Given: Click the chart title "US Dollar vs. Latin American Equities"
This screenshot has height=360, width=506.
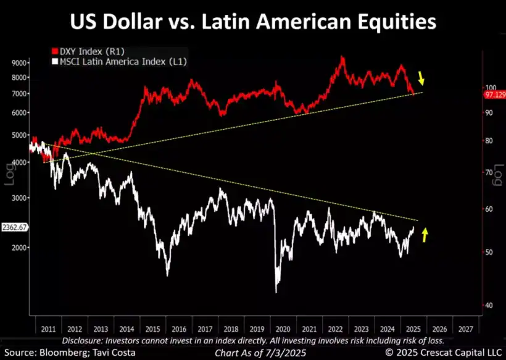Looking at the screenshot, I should [252, 23].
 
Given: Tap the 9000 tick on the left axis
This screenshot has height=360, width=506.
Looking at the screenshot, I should [20, 63].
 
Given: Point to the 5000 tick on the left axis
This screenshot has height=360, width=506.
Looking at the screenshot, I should [20, 135].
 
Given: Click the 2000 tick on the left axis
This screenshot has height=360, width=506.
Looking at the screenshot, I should [20, 248].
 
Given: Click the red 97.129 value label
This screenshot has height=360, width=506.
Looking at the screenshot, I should [494, 96].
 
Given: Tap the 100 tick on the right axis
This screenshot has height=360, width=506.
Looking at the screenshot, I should [490, 88].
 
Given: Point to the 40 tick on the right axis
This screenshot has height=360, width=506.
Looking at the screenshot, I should [489, 305].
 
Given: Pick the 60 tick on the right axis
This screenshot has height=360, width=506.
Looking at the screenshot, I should [489, 209].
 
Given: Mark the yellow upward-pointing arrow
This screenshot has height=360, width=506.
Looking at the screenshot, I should [425, 234].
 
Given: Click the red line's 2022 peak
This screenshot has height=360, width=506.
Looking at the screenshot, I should [341, 58].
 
